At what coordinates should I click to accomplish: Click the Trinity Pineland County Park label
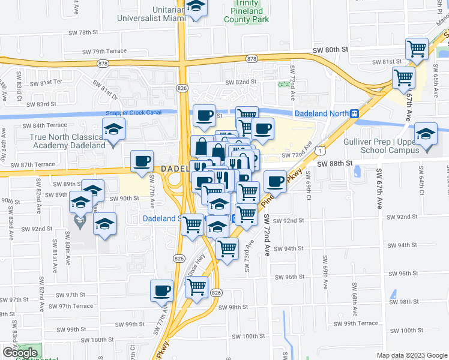point(250,11)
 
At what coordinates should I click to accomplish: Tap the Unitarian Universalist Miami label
point(152,11)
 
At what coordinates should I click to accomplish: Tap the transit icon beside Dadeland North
point(355,113)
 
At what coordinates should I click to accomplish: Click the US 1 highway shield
point(323,144)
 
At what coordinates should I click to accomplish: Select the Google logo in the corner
point(20,353)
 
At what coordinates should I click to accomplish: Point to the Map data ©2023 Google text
point(412,355)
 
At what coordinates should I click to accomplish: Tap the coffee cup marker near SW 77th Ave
point(142,161)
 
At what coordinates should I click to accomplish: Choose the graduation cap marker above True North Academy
point(112,129)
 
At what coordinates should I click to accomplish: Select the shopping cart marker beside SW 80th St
point(417,49)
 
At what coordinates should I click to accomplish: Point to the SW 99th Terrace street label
point(360,323)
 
